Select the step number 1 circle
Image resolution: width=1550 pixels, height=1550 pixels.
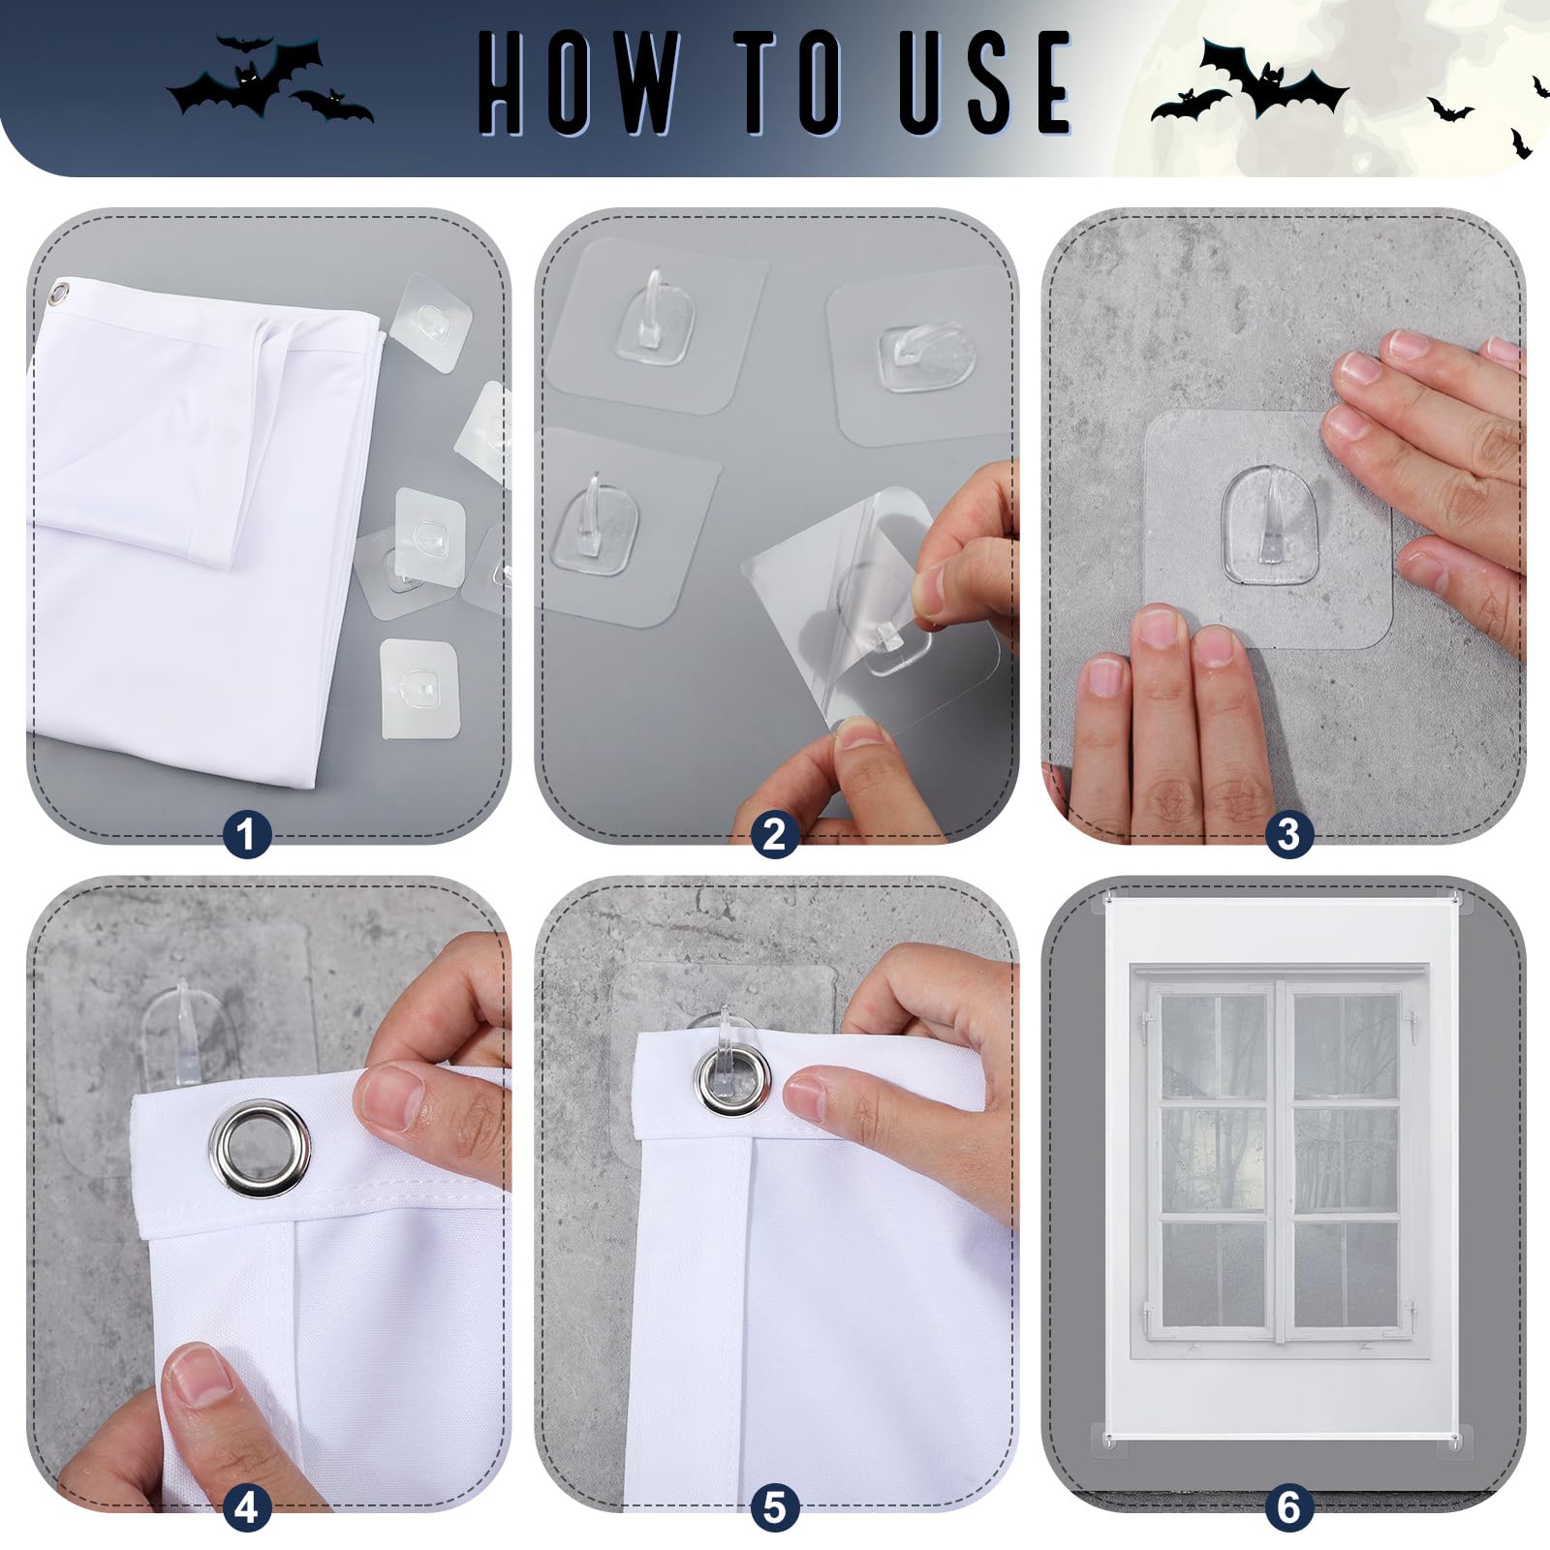click(x=246, y=834)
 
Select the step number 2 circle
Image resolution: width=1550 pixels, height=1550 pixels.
click(x=774, y=834)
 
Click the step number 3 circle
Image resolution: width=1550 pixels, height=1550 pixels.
click(x=1287, y=834)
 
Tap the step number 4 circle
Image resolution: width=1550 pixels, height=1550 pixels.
click(x=246, y=1507)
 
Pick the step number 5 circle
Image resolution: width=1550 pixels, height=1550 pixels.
click(x=774, y=1507)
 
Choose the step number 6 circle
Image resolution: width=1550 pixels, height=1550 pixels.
click(x=1287, y=1507)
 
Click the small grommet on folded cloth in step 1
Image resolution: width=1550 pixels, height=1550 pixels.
click(x=62, y=292)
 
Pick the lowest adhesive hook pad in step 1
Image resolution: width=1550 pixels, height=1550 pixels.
click(x=418, y=686)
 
